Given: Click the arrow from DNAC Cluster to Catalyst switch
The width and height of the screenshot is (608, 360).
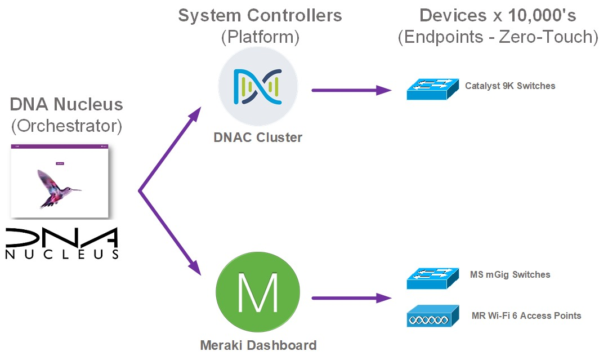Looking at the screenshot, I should pyautogui.click(x=351, y=90).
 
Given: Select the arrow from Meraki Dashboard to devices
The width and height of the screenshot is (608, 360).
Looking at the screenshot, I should pyautogui.click(x=351, y=297).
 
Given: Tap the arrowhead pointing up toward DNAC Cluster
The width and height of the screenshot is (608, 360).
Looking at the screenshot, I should pyautogui.click(x=194, y=114).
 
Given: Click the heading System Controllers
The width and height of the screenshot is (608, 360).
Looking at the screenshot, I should pyautogui.click(x=260, y=15).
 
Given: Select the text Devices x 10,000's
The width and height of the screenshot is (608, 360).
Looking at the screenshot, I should pyautogui.click(x=498, y=15).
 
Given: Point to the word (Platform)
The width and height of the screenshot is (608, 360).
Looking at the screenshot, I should pyautogui.click(x=260, y=37).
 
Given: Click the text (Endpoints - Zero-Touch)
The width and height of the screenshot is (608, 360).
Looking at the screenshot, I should pyautogui.click(x=498, y=37).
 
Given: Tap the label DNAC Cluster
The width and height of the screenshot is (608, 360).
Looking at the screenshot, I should pyautogui.click(x=257, y=137).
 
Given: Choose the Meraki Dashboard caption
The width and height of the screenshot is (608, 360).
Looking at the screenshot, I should pyautogui.click(x=258, y=345).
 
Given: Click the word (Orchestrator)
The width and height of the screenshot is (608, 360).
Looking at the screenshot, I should pyautogui.click(x=66, y=126).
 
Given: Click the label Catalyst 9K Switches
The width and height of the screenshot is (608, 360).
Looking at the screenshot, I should pyautogui.click(x=510, y=86).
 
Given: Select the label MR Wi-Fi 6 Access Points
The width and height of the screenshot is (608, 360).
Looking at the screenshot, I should pyautogui.click(x=526, y=315).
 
